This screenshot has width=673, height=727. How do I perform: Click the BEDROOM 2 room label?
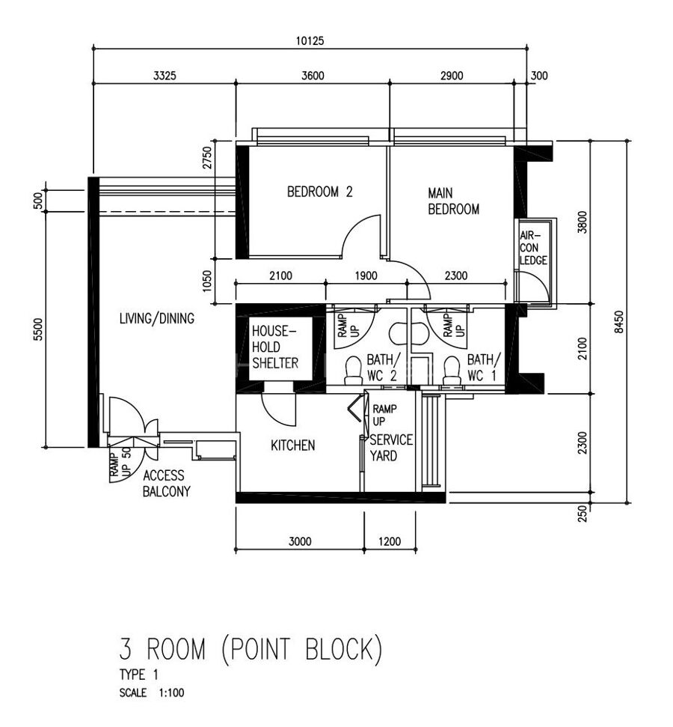pyautogui.click(x=319, y=192)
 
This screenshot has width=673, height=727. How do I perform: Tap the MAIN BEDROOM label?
pyautogui.click(x=453, y=201)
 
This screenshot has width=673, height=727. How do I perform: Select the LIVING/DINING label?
pyautogui.click(x=157, y=319)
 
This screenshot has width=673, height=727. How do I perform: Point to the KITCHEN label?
pyautogui.click(x=292, y=445)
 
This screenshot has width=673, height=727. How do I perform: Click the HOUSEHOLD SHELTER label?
pyautogui.click(x=274, y=347)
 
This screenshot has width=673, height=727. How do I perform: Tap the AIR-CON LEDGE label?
pyautogui.click(x=534, y=249)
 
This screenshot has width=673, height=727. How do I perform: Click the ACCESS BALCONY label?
pyautogui.click(x=166, y=484)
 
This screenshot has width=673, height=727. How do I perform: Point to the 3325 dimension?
pyautogui.click(x=165, y=76)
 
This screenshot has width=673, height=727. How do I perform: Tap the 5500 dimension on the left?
pyautogui.click(x=37, y=330)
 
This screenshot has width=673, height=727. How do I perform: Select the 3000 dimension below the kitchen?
pyautogui.click(x=300, y=541)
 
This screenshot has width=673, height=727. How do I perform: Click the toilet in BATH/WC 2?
pyautogui.click(x=351, y=371)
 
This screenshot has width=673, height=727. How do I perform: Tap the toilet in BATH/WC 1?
pyautogui.click(x=452, y=371)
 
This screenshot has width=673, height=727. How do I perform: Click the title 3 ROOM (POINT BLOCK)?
pyautogui.click(x=251, y=649)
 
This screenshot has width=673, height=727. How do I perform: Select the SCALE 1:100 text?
pyautogui.click(x=152, y=693)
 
